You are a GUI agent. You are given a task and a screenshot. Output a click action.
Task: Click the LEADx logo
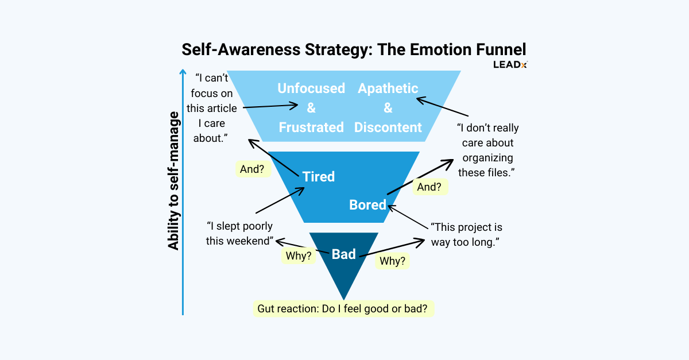click(510, 64)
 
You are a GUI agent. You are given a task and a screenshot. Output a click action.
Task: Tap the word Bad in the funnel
click(344, 254)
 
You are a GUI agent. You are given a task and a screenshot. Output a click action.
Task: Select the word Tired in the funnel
click(319, 176)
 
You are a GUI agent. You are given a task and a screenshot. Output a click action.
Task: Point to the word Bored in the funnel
click(367, 204)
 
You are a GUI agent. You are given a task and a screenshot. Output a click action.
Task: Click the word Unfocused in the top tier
click(311, 88)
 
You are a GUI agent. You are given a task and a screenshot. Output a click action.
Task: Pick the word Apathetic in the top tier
click(388, 88)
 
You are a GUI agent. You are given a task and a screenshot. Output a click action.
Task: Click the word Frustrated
click(311, 127)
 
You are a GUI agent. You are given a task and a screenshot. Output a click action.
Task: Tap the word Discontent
click(388, 127)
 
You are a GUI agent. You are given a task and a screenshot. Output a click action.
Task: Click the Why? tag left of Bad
click(299, 256)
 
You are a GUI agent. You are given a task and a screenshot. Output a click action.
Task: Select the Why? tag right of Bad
click(393, 261)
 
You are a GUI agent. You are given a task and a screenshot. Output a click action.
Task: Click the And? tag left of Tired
click(253, 169)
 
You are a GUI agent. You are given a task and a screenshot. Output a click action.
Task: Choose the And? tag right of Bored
click(430, 187)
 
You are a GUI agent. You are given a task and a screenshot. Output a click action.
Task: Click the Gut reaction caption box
click(343, 308)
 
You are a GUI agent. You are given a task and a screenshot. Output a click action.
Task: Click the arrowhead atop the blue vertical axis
click(183, 72)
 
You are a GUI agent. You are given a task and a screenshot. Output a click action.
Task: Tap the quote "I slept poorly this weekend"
click(240, 234)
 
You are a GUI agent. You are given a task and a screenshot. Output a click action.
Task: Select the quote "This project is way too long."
click(466, 234)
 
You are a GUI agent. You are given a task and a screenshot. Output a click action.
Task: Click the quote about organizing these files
click(487, 150)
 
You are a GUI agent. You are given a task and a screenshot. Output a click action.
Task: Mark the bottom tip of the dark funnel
click(343, 299)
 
